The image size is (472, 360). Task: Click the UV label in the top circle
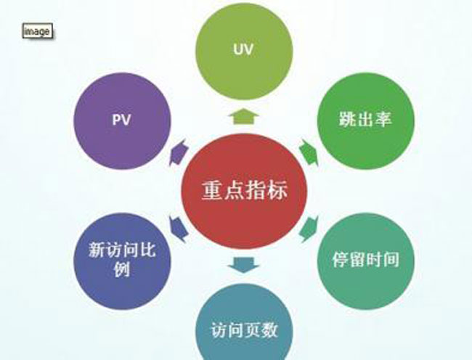(243, 49)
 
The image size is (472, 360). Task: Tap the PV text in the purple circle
(121, 120)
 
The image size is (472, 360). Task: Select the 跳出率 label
(365, 119)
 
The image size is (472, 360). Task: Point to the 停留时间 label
(366, 259)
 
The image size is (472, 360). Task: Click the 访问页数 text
(244, 330)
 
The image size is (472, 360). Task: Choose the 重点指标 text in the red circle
(245, 190)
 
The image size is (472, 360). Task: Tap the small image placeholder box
(38, 30)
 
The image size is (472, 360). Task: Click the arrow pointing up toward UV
(244, 117)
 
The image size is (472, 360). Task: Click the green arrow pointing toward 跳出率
(309, 152)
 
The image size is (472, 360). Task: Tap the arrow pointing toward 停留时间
(309, 229)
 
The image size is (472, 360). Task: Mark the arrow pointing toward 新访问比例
(179, 229)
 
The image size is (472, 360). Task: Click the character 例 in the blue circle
(122, 269)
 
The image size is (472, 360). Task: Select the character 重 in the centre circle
(212, 190)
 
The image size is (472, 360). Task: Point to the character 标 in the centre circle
(277, 190)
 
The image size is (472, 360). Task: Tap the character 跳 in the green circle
(347, 119)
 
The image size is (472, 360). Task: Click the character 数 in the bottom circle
(269, 330)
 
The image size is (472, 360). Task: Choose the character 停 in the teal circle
(341, 260)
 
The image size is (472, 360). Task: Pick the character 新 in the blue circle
(97, 250)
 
